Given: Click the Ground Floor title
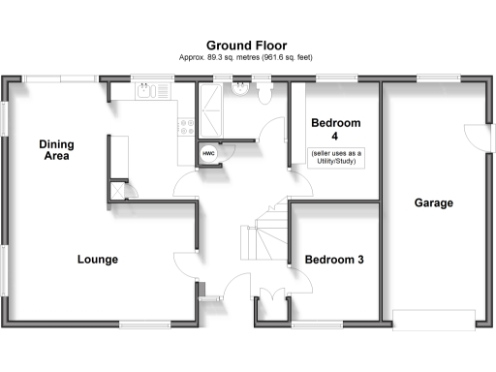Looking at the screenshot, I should pyautogui.click(x=245, y=45).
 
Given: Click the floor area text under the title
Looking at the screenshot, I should pyautogui.click(x=245, y=58).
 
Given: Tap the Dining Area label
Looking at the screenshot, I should pyautogui.click(x=56, y=150).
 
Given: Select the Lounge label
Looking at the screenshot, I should pyautogui.click(x=98, y=260).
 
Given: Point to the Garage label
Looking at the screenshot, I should pyautogui.click(x=434, y=203).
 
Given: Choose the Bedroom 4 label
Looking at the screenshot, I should pyautogui.click(x=335, y=130).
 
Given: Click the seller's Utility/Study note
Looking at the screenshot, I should pyautogui.click(x=336, y=157).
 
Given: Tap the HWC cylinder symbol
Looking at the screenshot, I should pyautogui.click(x=208, y=153).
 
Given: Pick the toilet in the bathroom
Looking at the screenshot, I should pyautogui.click(x=266, y=90).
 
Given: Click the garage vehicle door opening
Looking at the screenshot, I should pyautogui.click(x=434, y=319).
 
